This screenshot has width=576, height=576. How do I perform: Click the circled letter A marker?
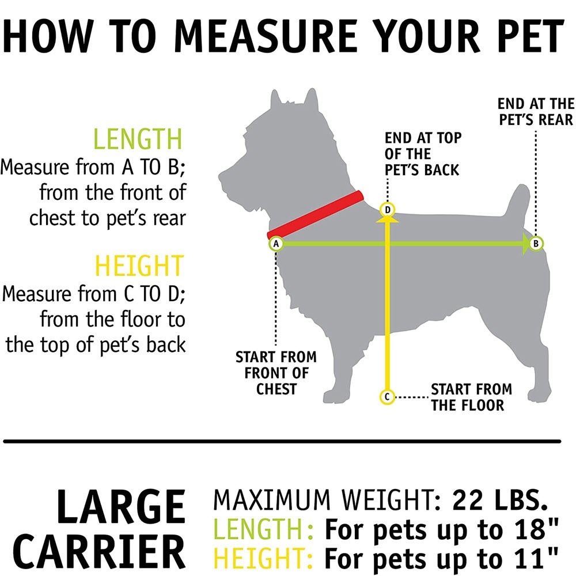click(x=276, y=244)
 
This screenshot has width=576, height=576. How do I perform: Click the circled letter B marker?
click(x=536, y=244)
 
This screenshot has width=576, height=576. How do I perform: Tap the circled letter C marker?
click(x=387, y=397)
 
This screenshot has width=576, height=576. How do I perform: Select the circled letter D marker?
click(x=387, y=210)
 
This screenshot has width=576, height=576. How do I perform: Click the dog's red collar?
click(x=315, y=215)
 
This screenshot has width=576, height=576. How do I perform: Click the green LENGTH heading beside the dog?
click(x=138, y=139)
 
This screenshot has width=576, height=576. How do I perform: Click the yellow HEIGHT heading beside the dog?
click(x=139, y=265)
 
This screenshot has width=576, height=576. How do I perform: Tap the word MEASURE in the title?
click(x=265, y=36)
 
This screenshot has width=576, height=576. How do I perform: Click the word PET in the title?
click(x=529, y=36)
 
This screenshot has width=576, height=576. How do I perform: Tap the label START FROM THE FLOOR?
click(x=471, y=397)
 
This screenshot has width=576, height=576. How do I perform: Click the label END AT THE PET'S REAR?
click(x=536, y=112)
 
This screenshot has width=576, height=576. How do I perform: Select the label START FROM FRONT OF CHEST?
click(x=276, y=373)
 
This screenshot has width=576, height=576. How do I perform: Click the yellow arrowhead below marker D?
click(x=387, y=219)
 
